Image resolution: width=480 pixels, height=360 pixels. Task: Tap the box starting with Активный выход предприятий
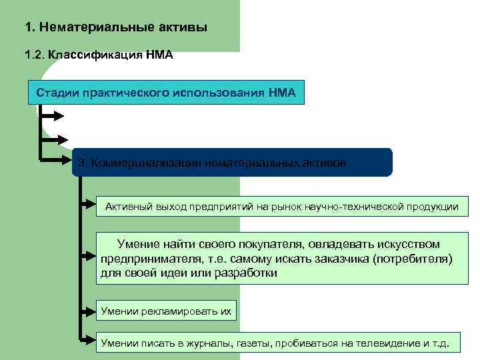(281, 207)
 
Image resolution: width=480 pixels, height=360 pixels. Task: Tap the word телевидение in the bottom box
(385, 343)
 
